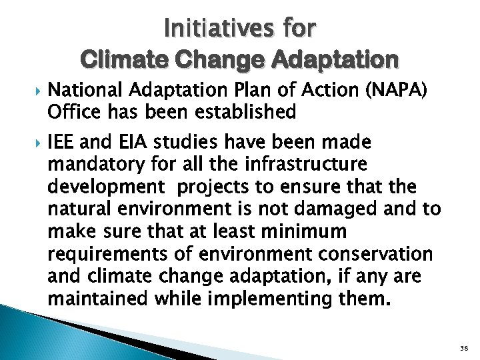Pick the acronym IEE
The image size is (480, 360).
(x=63, y=142)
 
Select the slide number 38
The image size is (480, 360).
(x=464, y=349)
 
